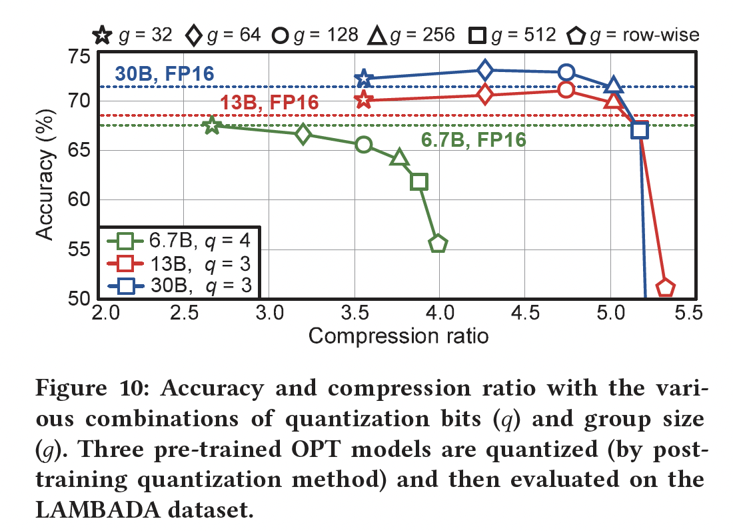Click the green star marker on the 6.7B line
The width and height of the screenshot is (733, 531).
[212, 125]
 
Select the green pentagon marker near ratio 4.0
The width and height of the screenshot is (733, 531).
[438, 243]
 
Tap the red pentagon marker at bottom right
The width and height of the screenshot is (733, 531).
[666, 288]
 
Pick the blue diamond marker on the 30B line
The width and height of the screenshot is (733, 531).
[485, 69]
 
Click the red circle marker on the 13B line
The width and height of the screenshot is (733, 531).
[566, 89]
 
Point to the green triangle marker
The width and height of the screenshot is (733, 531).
[399, 157]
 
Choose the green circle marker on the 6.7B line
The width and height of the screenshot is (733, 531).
[364, 145]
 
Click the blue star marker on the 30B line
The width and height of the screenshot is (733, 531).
[364, 79]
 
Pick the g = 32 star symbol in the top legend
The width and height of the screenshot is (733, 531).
[102, 35]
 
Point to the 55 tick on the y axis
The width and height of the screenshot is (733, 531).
[80, 249]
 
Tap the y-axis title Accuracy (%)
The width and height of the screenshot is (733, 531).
[45, 175]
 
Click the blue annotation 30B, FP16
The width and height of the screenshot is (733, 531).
[165, 73]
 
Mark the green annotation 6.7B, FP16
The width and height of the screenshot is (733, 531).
[473, 140]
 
